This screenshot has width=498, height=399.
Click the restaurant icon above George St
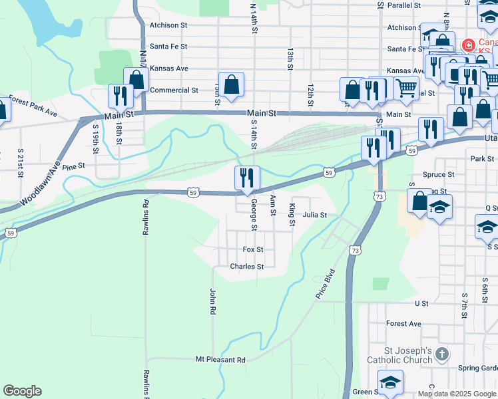247,178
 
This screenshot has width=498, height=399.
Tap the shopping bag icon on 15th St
231,84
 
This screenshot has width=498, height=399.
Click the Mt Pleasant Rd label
220,360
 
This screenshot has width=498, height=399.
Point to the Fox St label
253,249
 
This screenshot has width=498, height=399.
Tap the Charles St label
247,267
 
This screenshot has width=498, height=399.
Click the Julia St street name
314,215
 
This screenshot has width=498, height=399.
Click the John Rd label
213,301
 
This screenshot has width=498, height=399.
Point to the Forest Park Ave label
33,106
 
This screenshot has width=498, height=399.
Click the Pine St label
73,166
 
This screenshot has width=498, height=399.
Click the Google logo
22,391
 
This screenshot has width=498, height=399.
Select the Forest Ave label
403,324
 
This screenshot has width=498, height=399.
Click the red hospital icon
469,45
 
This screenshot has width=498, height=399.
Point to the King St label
292,215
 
